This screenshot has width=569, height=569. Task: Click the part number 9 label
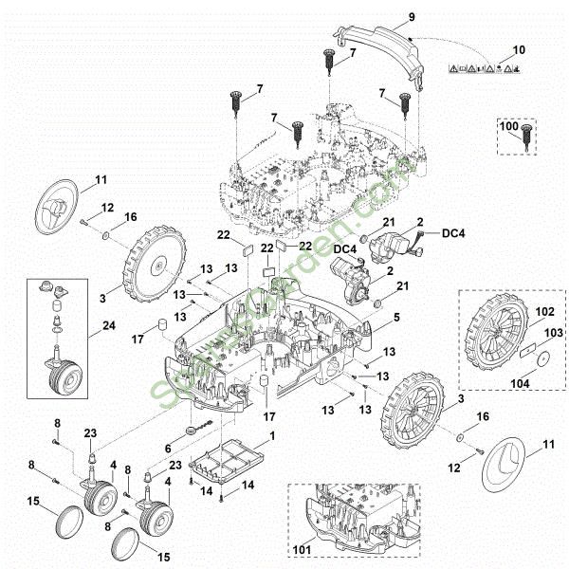pyautogui.click(x=411, y=17)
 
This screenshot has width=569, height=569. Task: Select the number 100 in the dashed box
pyautogui.click(x=508, y=126)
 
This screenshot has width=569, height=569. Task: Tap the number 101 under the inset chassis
pyautogui.click(x=303, y=548)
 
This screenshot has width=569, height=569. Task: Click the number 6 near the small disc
pyautogui.click(x=168, y=449)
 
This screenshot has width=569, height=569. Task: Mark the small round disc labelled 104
pyautogui.click(x=542, y=360)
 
